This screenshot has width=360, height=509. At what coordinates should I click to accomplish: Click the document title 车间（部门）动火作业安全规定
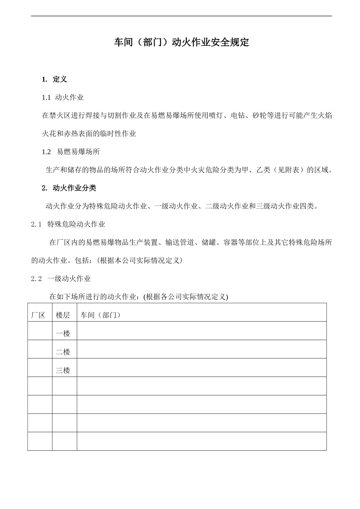182,42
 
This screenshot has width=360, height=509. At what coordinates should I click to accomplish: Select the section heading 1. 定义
55,79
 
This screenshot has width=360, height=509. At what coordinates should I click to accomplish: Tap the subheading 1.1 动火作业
63,97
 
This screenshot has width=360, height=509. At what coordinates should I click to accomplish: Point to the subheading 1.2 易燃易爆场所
71,152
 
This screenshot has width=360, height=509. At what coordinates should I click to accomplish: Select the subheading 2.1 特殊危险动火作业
68,224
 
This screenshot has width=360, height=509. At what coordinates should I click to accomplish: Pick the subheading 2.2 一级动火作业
61,279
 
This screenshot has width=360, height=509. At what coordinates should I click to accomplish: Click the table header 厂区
38,315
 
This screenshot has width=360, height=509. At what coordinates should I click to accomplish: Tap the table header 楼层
63,315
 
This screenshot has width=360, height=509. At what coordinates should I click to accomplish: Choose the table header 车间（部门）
101,315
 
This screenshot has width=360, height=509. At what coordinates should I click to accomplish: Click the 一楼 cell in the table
63,334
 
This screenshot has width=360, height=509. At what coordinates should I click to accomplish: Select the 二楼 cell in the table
63,352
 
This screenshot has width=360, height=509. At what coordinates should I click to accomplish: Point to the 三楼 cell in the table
63,370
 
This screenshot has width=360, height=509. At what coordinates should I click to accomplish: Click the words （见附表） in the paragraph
289,170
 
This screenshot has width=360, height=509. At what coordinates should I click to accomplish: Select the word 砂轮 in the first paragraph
260,116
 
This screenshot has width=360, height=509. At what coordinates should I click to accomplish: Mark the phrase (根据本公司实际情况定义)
140,261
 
